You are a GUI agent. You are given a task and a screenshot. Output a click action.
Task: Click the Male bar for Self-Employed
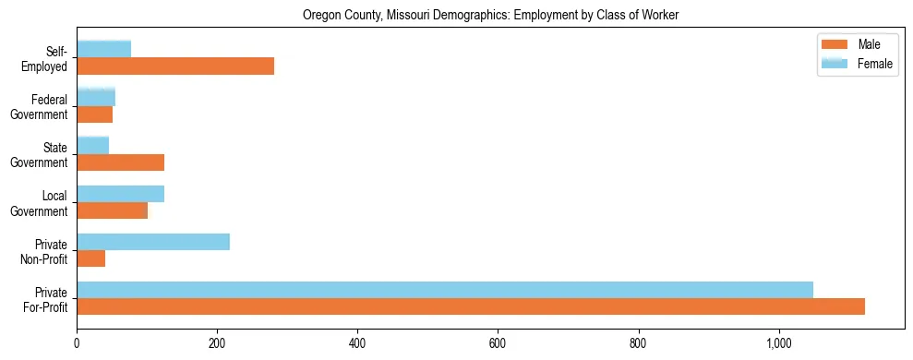pyautogui.click(x=175, y=66)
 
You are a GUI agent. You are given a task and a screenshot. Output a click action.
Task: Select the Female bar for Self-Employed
pyautogui.click(x=103, y=49)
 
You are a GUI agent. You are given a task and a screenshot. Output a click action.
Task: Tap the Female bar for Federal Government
pyautogui.click(x=96, y=98)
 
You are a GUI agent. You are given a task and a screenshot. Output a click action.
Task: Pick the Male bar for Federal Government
pyautogui.click(x=94, y=114)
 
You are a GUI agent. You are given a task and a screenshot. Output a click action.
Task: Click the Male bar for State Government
pyautogui.click(x=120, y=162)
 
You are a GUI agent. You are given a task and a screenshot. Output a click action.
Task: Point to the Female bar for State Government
pyautogui.click(x=92, y=146)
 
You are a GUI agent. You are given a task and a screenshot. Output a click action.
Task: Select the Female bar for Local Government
pyautogui.click(x=120, y=194)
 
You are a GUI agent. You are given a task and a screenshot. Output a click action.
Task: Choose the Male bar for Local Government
pyautogui.click(x=112, y=210)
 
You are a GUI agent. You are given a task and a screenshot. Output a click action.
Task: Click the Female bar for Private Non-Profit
pyautogui.click(x=153, y=242)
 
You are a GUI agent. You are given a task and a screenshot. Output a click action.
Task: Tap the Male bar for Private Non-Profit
pyautogui.click(x=90, y=258)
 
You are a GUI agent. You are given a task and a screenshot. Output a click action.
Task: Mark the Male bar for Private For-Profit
pyautogui.click(x=471, y=306)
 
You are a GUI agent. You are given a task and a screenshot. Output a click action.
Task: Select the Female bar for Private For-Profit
pyautogui.click(x=445, y=290)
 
